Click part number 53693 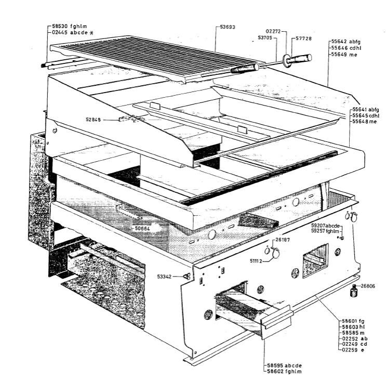228,27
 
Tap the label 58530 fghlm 70,26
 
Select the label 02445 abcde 70,33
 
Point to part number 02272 273,31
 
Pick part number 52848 94,120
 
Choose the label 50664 142,228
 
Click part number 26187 283,240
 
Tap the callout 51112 256,260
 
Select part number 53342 164,277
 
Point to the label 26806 368,286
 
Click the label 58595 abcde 284,365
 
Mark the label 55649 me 344,55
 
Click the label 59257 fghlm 325,231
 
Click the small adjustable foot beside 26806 354,291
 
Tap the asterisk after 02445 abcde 91,33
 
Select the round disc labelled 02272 286,60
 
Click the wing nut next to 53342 187,277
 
